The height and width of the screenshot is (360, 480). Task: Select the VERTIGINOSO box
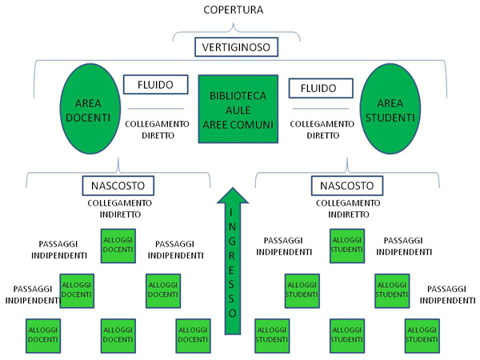237,47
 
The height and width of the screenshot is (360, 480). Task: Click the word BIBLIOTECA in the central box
238,95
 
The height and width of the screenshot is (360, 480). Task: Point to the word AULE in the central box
238,110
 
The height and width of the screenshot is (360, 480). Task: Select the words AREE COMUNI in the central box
238,126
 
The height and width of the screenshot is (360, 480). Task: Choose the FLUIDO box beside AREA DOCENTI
155,84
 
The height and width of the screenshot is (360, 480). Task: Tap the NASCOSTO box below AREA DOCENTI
118,186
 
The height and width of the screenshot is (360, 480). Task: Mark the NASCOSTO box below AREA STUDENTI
347,186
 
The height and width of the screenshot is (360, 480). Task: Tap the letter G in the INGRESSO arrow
232,238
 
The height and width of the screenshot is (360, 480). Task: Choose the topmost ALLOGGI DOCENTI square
118,246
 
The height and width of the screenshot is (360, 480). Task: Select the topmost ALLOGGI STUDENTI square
347,246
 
